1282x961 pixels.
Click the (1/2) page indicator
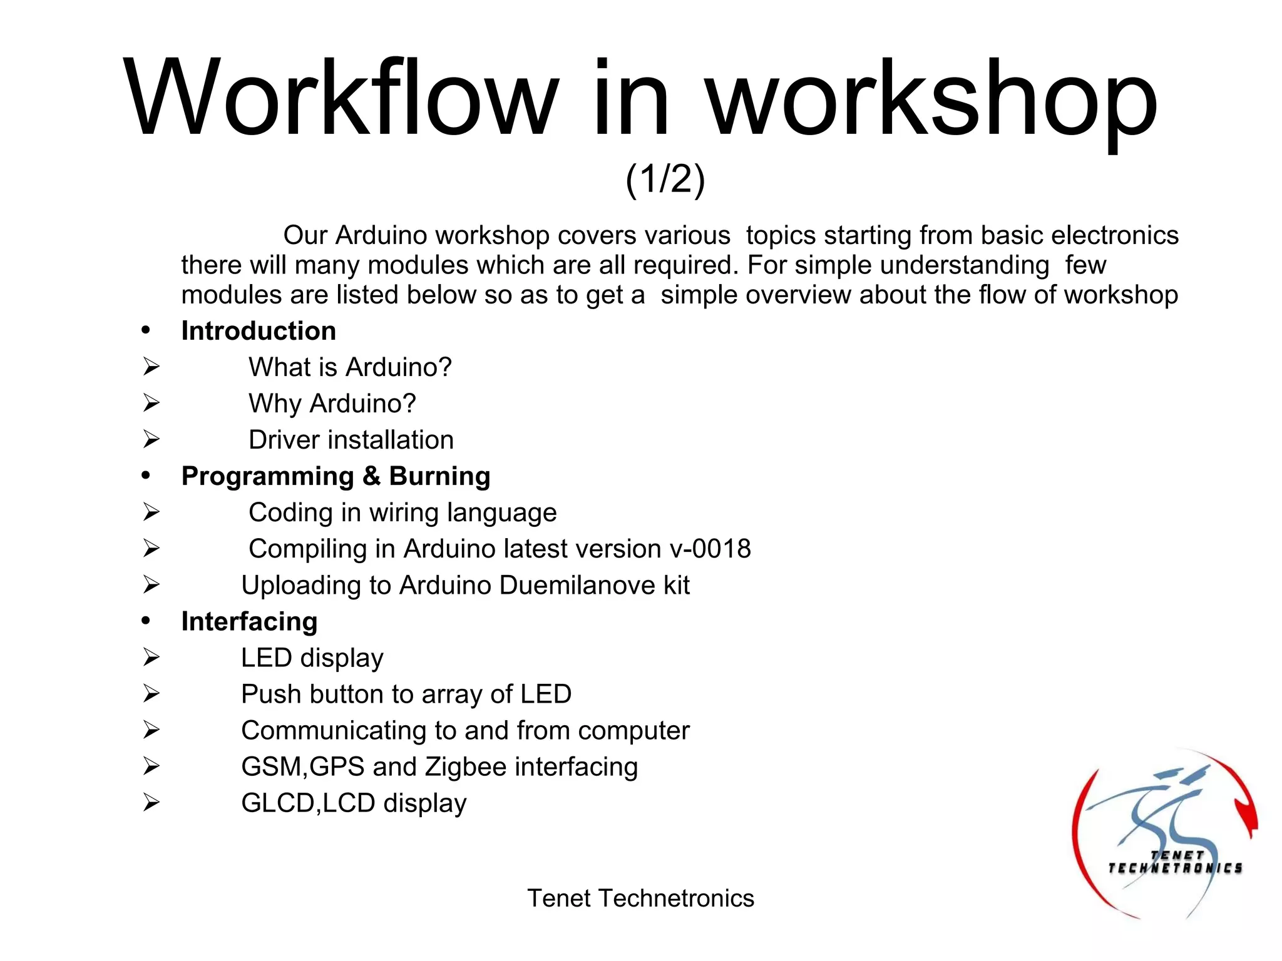tap(665, 180)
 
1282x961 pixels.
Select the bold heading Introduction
tap(259, 331)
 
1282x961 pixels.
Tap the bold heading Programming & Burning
tap(336, 476)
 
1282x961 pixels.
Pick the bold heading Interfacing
tap(249, 621)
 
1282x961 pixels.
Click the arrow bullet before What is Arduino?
tap(151, 367)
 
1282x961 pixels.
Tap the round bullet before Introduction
tap(146, 330)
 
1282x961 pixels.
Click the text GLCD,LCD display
tap(354, 803)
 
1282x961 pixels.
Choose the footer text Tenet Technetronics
tap(640, 898)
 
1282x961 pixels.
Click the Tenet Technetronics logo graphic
tap(1164, 835)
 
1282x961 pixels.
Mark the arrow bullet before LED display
tap(151, 657)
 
